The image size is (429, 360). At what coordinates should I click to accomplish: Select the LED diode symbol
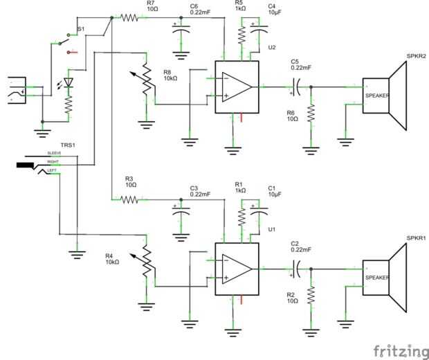point(69,81)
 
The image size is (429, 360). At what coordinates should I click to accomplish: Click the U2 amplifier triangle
point(237,87)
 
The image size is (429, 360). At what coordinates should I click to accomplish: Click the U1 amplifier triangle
point(237,268)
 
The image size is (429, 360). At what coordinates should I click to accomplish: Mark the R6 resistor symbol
point(311,115)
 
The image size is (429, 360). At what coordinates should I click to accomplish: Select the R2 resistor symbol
point(311,296)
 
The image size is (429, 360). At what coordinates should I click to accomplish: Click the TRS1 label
point(67,145)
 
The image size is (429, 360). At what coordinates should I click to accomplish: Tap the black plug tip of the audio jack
point(25,166)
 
